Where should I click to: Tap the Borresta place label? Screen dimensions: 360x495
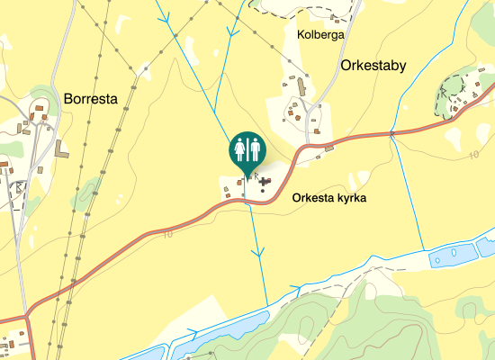point(92,99)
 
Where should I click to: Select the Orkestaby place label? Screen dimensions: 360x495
point(374,66)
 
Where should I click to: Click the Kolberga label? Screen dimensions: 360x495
point(320,34)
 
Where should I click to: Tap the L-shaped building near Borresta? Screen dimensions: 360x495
point(60,148)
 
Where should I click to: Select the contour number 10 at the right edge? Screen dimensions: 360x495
point(473,156)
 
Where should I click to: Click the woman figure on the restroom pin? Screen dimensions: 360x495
point(239,147)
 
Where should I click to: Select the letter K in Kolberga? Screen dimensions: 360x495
point(301,34)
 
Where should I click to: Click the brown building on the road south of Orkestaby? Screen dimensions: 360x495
point(328,147)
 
